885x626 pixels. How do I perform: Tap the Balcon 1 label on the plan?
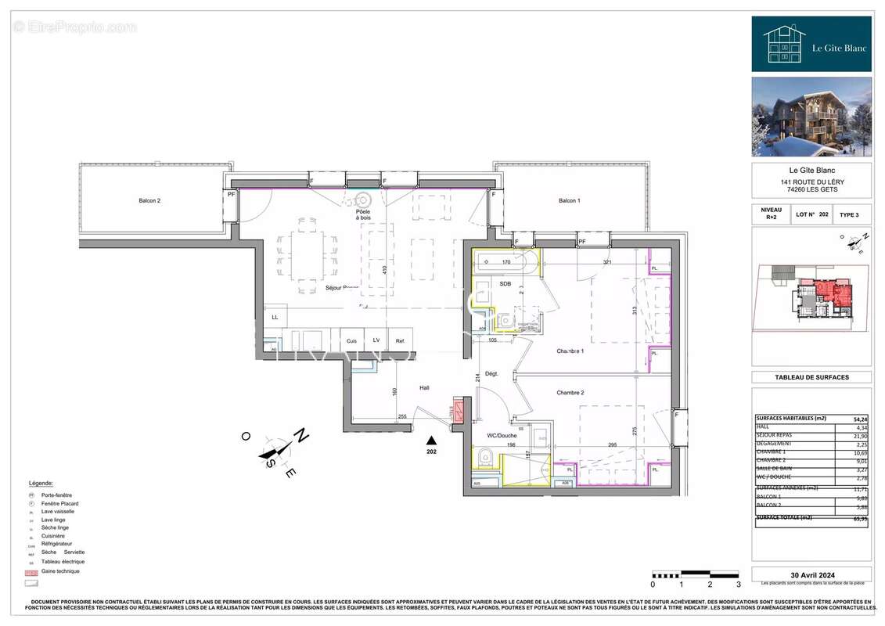coord(570,201)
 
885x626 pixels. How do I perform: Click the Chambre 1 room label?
coord(571,351)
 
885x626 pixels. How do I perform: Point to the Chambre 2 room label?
coord(571,392)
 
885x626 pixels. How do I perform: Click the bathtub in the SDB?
coord(506,262)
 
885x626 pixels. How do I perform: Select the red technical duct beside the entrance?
coord(458,412)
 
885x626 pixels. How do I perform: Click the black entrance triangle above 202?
coord(430,441)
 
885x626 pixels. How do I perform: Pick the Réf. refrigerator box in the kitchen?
coord(400,341)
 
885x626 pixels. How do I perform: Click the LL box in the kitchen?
coord(275,318)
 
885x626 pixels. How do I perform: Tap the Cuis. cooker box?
coord(352,341)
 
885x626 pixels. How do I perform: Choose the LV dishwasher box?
coord(376,341)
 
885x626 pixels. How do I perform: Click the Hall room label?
coord(424,387)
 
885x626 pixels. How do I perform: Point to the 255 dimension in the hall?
coord(402,416)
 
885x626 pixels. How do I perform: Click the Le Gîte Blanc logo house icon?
coord(784,44)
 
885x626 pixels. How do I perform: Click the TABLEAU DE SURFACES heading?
coord(811,377)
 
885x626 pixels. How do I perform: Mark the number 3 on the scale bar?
coord(738,585)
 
